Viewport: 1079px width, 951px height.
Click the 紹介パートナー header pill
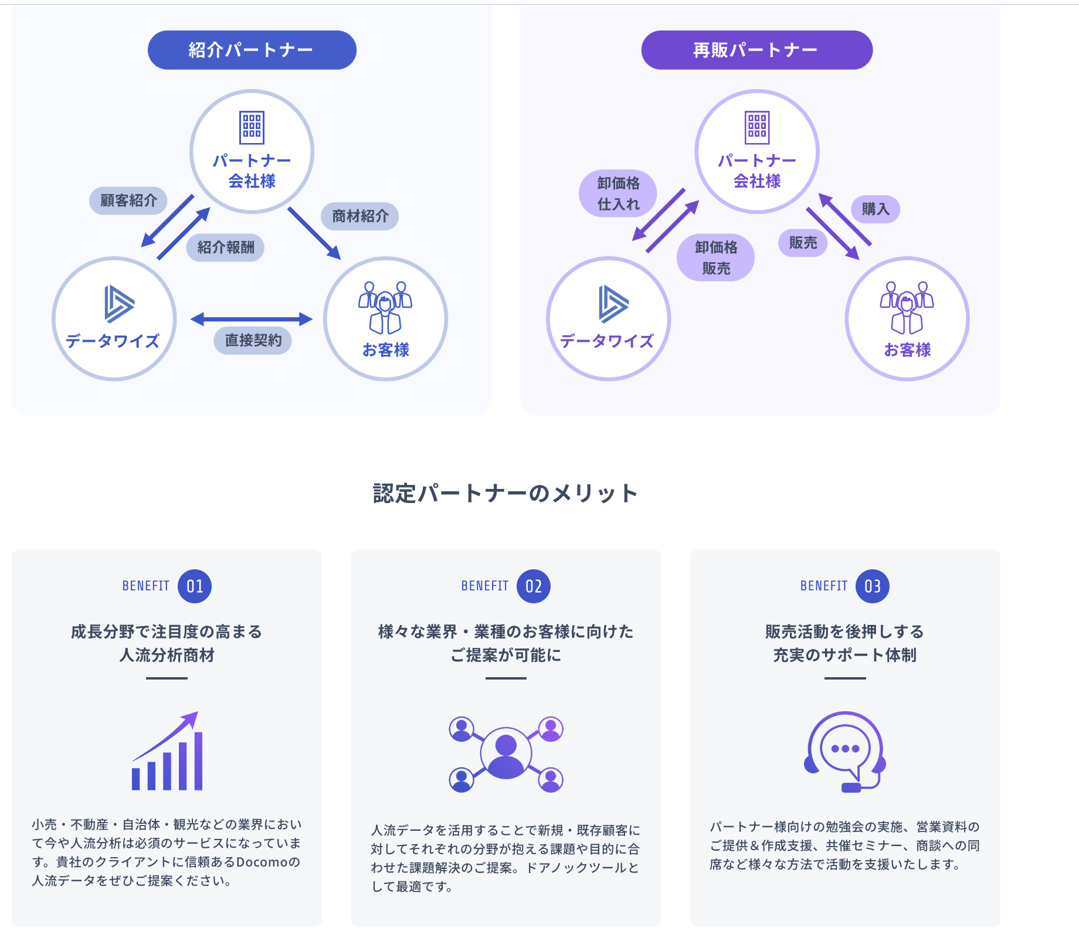[x=252, y=50]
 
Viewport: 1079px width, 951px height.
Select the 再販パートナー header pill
[x=757, y=50]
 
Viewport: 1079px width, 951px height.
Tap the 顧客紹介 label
[x=128, y=201]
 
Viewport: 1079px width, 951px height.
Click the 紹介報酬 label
[x=226, y=247]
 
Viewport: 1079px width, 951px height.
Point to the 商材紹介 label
[x=360, y=216]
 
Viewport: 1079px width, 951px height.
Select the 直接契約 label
[x=253, y=340]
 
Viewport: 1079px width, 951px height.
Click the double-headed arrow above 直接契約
[x=252, y=319]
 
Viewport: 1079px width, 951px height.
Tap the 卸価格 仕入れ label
[x=618, y=193]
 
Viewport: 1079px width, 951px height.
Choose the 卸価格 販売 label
[x=716, y=257]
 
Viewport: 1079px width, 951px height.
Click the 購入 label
[x=876, y=209]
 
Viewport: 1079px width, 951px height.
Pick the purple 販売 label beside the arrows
[x=803, y=243]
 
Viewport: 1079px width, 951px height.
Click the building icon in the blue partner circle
[x=252, y=127]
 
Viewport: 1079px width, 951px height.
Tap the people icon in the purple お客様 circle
[x=907, y=308]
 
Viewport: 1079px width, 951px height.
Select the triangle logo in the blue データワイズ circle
[x=119, y=304]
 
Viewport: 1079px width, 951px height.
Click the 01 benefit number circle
[x=195, y=586]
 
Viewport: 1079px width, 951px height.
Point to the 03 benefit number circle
[x=873, y=586]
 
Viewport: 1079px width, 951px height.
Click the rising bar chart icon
[x=167, y=751]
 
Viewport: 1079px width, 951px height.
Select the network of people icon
[x=506, y=754]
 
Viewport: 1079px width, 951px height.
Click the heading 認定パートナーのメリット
[x=505, y=493]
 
